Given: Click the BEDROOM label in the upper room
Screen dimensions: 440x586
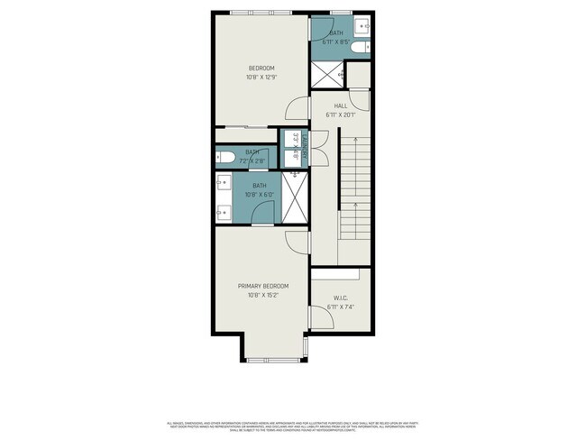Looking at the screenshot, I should [261, 68].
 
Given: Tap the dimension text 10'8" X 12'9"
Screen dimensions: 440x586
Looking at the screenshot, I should [261, 77].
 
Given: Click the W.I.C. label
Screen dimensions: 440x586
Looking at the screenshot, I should [340, 297].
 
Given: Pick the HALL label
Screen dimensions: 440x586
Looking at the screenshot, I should [341, 105].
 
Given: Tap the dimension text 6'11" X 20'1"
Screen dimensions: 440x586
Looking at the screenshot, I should [341, 115].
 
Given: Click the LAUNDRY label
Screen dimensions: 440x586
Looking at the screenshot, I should [305, 147].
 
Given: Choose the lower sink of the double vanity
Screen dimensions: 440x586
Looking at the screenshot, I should [224, 213].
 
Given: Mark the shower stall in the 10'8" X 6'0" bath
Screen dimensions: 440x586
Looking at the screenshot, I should [294, 197].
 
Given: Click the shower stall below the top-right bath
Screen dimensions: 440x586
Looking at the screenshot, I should [328, 75].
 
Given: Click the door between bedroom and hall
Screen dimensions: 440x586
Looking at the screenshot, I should [296, 109].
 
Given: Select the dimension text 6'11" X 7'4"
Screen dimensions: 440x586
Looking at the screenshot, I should [341, 307].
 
